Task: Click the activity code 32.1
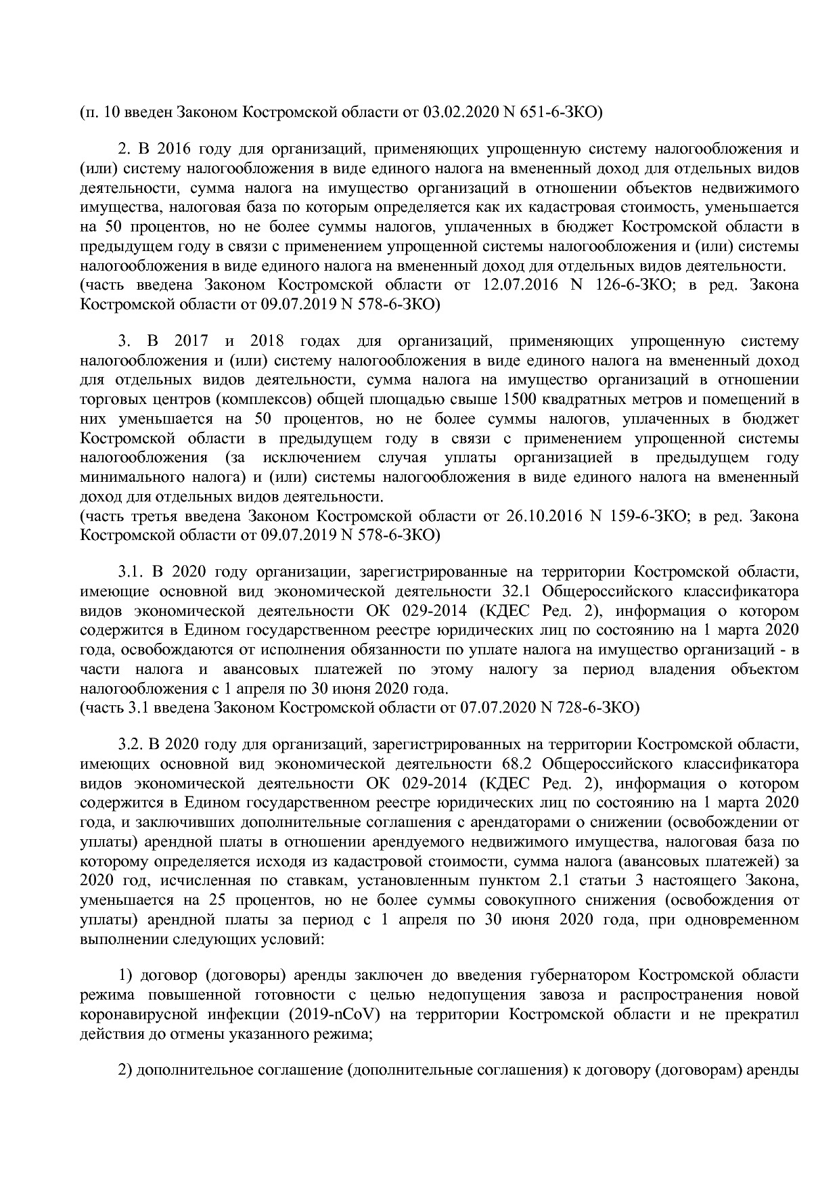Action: [x=519, y=592]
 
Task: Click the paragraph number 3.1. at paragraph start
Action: [x=131, y=573]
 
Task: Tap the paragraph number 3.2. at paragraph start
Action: [x=131, y=745]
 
